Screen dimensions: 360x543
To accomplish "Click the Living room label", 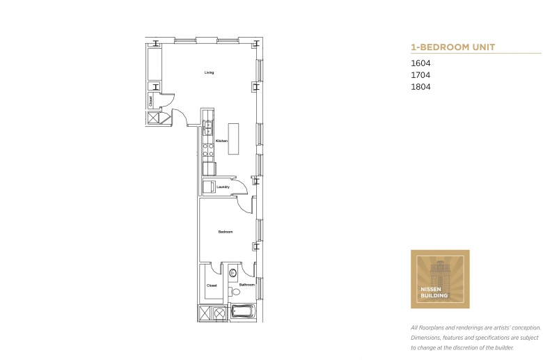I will (x=209, y=72).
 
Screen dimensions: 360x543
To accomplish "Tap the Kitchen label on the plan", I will (x=221, y=141).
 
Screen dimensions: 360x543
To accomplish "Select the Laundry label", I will (x=223, y=187).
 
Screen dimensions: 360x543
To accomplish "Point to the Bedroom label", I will (x=225, y=231).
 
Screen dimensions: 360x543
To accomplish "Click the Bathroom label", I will (x=247, y=285).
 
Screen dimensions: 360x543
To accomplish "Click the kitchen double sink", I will (x=207, y=129).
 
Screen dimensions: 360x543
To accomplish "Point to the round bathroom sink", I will (x=234, y=273).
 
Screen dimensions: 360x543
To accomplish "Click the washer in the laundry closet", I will (x=208, y=187).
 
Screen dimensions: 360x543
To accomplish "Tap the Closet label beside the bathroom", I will (x=211, y=285).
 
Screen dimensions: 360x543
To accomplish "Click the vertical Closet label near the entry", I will (x=150, y=100).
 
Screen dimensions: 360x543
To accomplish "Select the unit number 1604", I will (x=420, y=63).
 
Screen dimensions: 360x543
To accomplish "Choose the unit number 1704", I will (x=420, y=75).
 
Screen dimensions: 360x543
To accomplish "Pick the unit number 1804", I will (x=420, y=87).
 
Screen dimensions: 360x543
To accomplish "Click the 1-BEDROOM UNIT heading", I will (x=452, y=47).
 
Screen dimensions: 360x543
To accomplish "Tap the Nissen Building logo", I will (x=440, y=279).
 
